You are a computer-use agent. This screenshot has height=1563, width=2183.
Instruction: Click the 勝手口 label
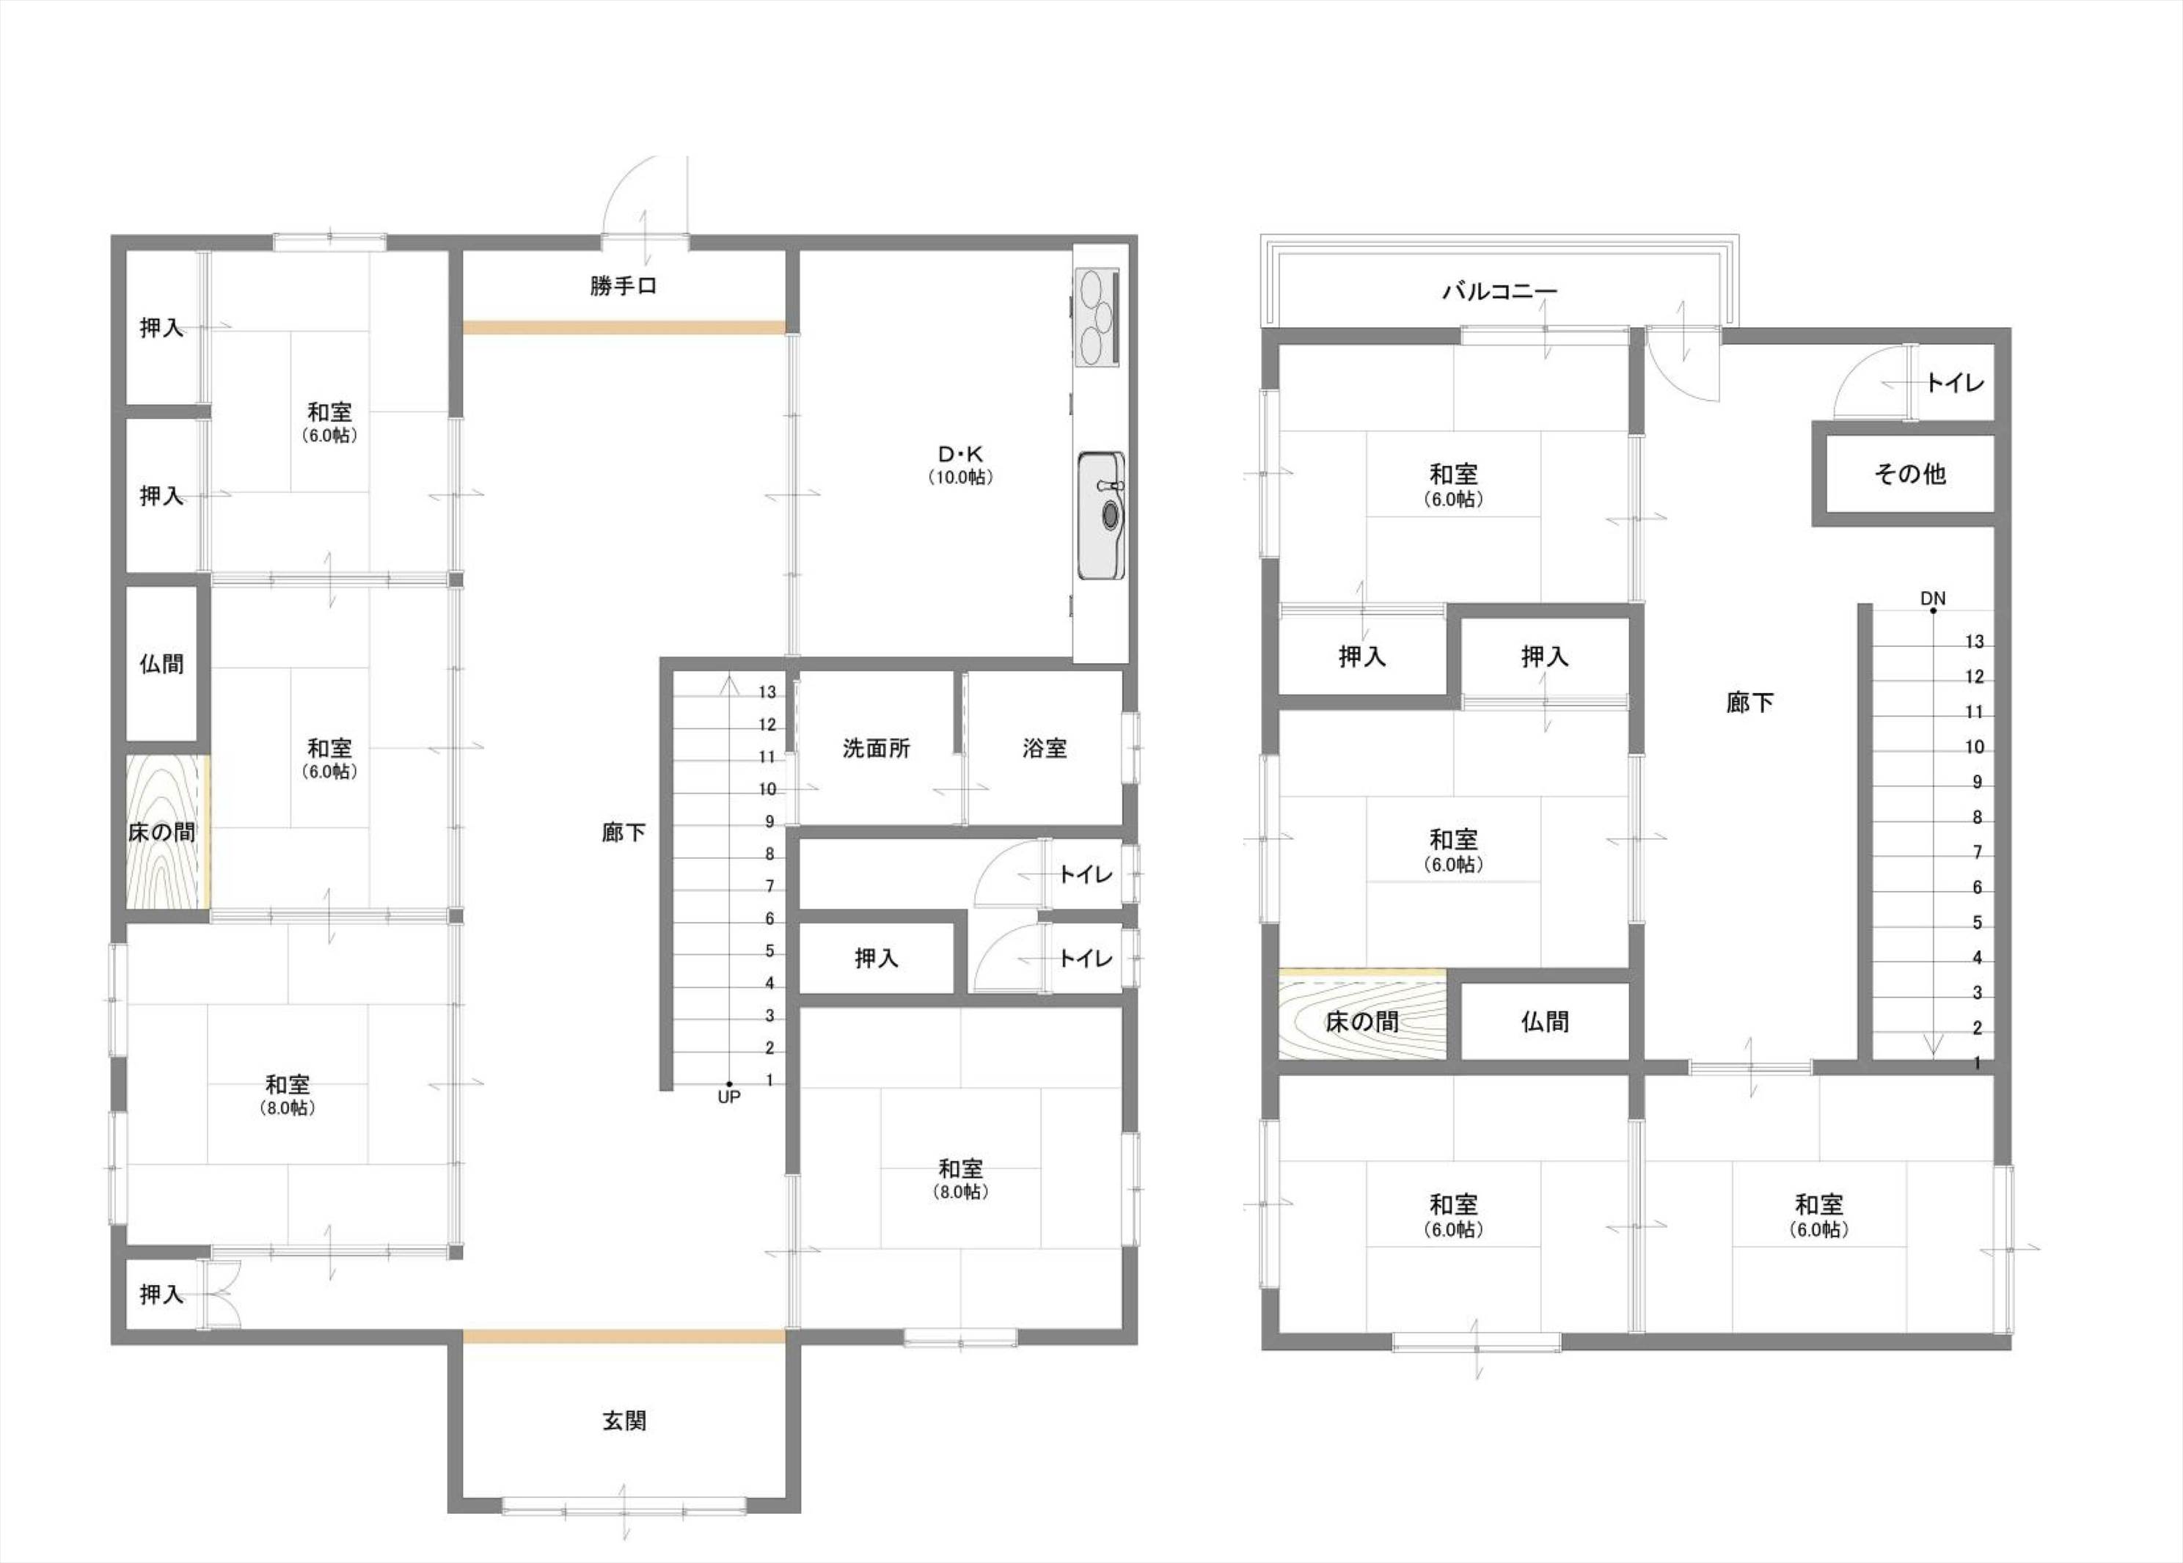click(623, 286)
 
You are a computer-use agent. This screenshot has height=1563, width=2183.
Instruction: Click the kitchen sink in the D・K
click(1100, 515)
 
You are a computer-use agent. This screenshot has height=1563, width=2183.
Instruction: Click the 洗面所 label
click(876, 748)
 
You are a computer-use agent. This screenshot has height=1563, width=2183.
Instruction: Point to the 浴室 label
click(1045, 748)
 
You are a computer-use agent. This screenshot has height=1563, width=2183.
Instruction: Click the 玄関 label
click(624, 1421)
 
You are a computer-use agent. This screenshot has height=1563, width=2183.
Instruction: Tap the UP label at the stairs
click(728, 1097)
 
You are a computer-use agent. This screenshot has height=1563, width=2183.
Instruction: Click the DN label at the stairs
click(1933, 598)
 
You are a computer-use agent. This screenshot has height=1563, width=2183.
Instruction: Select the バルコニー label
click(1499, 290)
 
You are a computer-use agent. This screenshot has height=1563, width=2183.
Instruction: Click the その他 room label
click(1909, 474)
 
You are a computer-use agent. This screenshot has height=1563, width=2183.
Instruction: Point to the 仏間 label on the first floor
click(161, 663)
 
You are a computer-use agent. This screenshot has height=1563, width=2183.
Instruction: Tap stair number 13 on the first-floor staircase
click(767, 691)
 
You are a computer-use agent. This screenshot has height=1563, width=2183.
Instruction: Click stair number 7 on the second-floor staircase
click(1977, 852)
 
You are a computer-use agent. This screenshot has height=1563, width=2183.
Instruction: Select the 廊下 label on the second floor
click(1749, 703)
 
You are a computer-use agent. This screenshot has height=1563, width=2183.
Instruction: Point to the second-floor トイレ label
click(1955, 383)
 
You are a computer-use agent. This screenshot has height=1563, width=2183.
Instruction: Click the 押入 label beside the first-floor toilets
click(876, 958)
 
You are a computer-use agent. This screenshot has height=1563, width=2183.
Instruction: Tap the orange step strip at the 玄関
click(624, 1336)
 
